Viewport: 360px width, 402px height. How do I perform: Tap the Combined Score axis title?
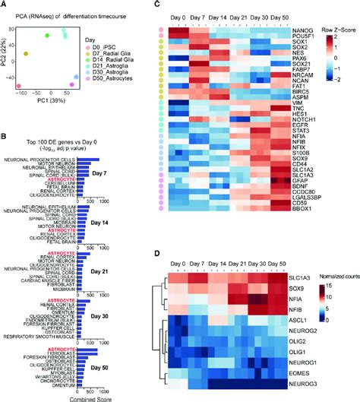coord(59,396)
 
